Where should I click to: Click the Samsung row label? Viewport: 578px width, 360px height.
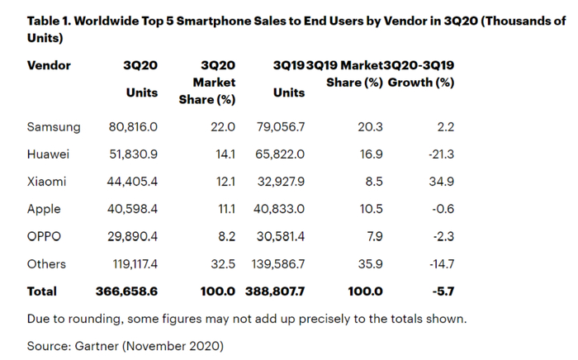pos(54,127)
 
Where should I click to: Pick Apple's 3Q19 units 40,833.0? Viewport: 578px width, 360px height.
pos(286,210)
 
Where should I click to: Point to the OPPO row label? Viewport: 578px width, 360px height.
pos(46,237)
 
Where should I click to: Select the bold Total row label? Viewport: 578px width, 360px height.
pos(42,291)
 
